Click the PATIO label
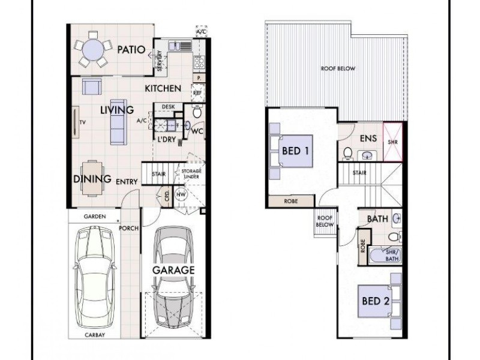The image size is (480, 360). point(131,50)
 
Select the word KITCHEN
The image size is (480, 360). point(163,89)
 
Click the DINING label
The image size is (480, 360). point(92,179)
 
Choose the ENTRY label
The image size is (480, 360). point(127,181)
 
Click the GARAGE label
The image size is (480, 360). point(173,270)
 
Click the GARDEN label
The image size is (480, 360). point(95,216)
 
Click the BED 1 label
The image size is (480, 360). point(295,151)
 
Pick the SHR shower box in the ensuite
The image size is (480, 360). point(394,142)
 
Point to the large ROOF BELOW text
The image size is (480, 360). point(337,69)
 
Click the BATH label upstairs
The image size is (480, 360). point(377,220)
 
